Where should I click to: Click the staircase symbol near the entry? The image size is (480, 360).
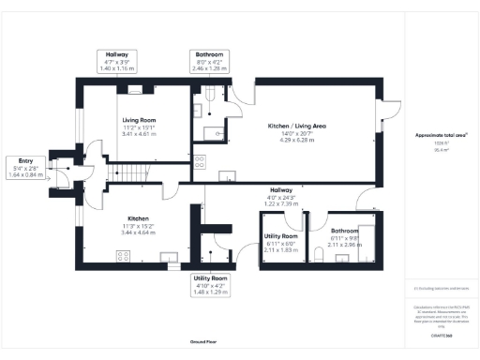coord(130,173)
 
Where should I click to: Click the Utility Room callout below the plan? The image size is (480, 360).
coord(211,285)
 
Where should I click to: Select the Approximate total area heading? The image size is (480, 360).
coord(442,136)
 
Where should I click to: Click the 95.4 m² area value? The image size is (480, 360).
coord(441,149)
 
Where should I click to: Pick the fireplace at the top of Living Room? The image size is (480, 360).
coord(136,90)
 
